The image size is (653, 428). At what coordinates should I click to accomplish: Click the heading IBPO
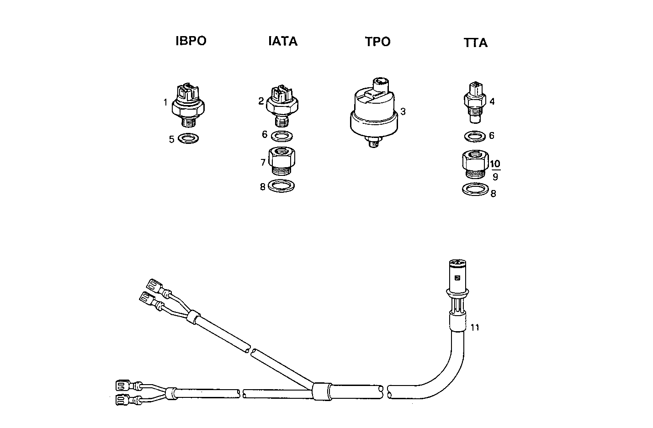pyautogui.click(x=191, y=41)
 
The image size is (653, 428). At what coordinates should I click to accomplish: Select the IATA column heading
pyautogui.click(x=282, y=42)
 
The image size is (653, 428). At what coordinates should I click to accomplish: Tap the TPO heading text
pyautogui.click(x=377, y=42)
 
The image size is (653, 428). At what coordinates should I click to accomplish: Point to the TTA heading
pyautogui.click(x=475, y=43)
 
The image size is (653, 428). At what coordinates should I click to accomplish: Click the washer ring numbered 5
pyautogui.click(x=188, y=138)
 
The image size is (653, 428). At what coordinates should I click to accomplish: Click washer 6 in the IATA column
pyautogui.click(x=281, y=136)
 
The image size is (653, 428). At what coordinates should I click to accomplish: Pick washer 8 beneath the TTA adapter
pyautogui.click(x=475, y=189)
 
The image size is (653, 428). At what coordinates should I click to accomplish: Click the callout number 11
pyautogui.click(x=475, y=328)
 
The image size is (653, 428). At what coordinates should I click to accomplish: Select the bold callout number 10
pyautogui.click(x=495, y=164)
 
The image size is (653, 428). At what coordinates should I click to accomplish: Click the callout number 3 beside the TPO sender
pyautogui.click(x=403, y=111)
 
